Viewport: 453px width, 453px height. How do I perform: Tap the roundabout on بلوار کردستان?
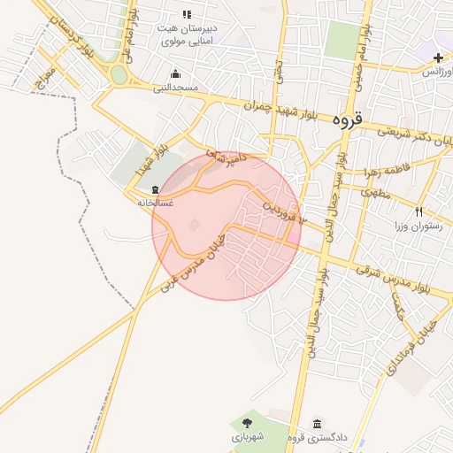click(x=119, y=75)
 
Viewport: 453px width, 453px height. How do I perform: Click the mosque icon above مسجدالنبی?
click(x=175, y=73)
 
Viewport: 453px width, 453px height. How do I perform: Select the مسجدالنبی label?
click(x=175, y=88)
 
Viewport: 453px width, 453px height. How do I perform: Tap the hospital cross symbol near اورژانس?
click(x=438, y=58)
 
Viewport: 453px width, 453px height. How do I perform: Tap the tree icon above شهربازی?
click(x=248, y=423)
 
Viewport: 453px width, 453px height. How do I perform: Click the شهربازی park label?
click(x=248, y=437)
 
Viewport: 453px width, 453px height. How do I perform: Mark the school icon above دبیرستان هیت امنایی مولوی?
click(x=187, y=14)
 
